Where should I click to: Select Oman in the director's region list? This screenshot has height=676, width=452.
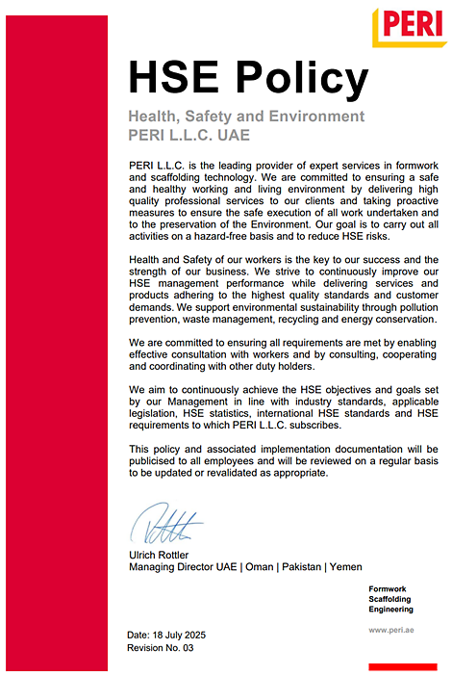[260, 567]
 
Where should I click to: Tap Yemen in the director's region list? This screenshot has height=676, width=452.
[346, 567]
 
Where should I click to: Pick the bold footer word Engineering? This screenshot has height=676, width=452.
[390, 610]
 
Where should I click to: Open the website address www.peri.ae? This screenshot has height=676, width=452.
[390, 630]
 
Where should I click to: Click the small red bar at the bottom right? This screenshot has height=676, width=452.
[409, 665]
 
